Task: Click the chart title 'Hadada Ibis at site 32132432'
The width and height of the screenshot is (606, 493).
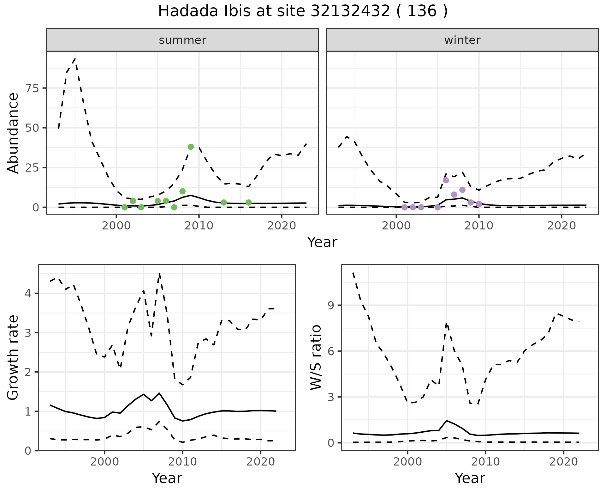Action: coord(302,11)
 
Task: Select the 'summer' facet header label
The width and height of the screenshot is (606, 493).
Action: coord(182,40)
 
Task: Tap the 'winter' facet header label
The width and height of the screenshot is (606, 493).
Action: coord(462,40)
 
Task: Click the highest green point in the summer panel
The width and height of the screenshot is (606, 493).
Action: coord(191,147)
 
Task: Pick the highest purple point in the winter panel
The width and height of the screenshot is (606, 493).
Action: coord(446,180)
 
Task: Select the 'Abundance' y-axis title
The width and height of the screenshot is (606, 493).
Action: coord(13,133)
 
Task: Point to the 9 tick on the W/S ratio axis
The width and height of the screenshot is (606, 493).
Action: coord(330,305)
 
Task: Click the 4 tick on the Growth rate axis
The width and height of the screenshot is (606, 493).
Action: coord(28,294)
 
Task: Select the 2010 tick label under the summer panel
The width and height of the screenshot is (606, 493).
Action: coord(199,226)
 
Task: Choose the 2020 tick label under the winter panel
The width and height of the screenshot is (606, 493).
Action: coord(561,226)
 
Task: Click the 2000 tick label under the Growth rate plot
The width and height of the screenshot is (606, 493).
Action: coord(104,462)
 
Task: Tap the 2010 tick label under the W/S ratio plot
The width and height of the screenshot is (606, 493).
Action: coord(485,462)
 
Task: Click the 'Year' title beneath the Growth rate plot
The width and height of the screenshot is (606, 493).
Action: coord(167,478)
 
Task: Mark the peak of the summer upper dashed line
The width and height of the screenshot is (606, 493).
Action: coord(75,58)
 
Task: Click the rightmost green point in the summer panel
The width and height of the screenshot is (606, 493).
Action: coord(249,202)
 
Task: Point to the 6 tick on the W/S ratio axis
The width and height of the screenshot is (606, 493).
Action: coord(330,351)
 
